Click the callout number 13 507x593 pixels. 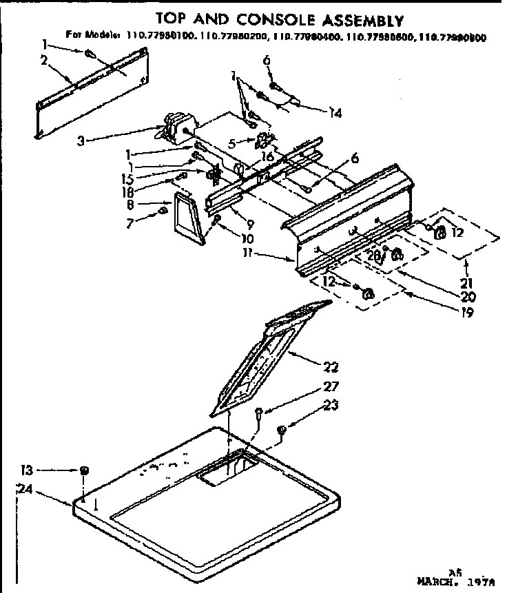(x=26, y=470)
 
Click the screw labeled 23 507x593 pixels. (x=282, y=430)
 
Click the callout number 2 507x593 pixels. (x=43, y=60)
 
